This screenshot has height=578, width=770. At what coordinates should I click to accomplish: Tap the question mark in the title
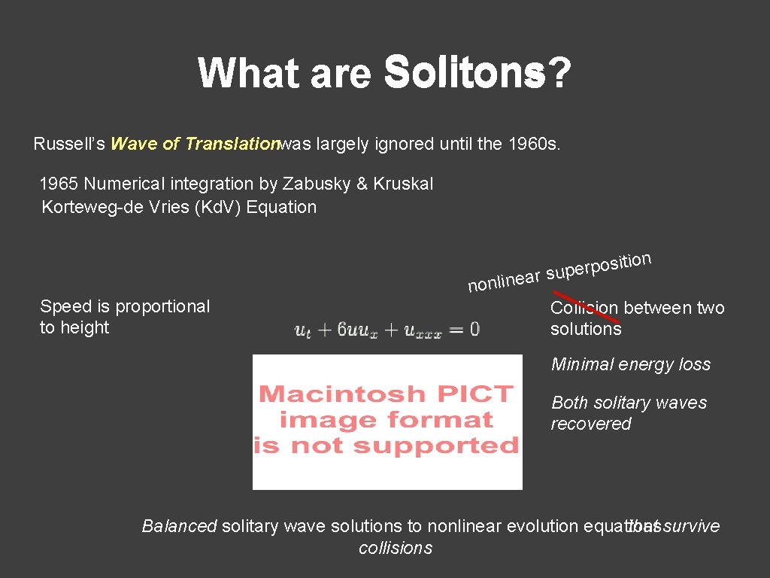(558, 74)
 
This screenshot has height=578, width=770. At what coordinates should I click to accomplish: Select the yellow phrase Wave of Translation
(195, 144)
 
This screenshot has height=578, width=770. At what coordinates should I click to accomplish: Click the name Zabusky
(308, 184)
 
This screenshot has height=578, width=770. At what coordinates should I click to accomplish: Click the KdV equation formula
(387, 330)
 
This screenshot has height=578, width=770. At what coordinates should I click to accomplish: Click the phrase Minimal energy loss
(631, 364)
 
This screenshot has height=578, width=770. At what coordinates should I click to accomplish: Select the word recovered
(591, 424)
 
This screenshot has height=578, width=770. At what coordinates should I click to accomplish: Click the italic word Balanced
(179, 526)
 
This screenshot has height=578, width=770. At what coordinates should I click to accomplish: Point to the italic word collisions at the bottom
(396, 548)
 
